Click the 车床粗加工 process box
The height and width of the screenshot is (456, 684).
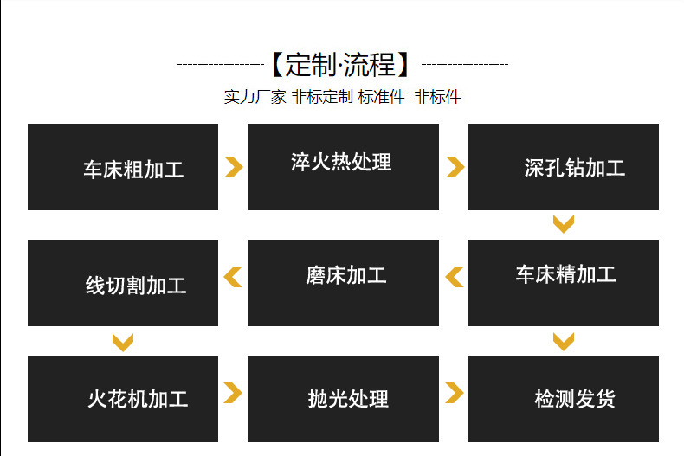[x=123, y=167]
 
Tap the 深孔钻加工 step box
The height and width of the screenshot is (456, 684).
[x=563, y=167]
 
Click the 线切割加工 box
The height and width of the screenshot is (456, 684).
[x=123, y=283]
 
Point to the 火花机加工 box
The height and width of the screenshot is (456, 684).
[x=123, y=399]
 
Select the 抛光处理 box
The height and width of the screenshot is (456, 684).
[x=343, y=399]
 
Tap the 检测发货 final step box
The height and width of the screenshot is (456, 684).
[x=563, y=399]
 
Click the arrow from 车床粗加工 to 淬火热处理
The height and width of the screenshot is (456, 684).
[x=233, y=167]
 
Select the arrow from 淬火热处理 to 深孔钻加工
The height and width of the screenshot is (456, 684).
[x=455, y=167]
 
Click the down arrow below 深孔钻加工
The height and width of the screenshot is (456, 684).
[x=564, y=225]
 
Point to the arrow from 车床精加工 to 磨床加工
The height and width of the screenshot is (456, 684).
[x=455, y=277]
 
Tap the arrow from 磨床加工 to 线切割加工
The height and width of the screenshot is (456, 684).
[x=233, y=277]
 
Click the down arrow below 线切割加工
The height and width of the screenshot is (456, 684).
[x=123, y=342]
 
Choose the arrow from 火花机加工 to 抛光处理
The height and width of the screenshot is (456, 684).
[x=233, y=393]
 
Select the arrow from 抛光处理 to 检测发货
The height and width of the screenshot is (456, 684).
[x=455, y=393]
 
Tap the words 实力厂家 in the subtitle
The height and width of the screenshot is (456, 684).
[x=255, y=97]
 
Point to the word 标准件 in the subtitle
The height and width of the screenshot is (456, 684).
[x=382, y=97]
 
